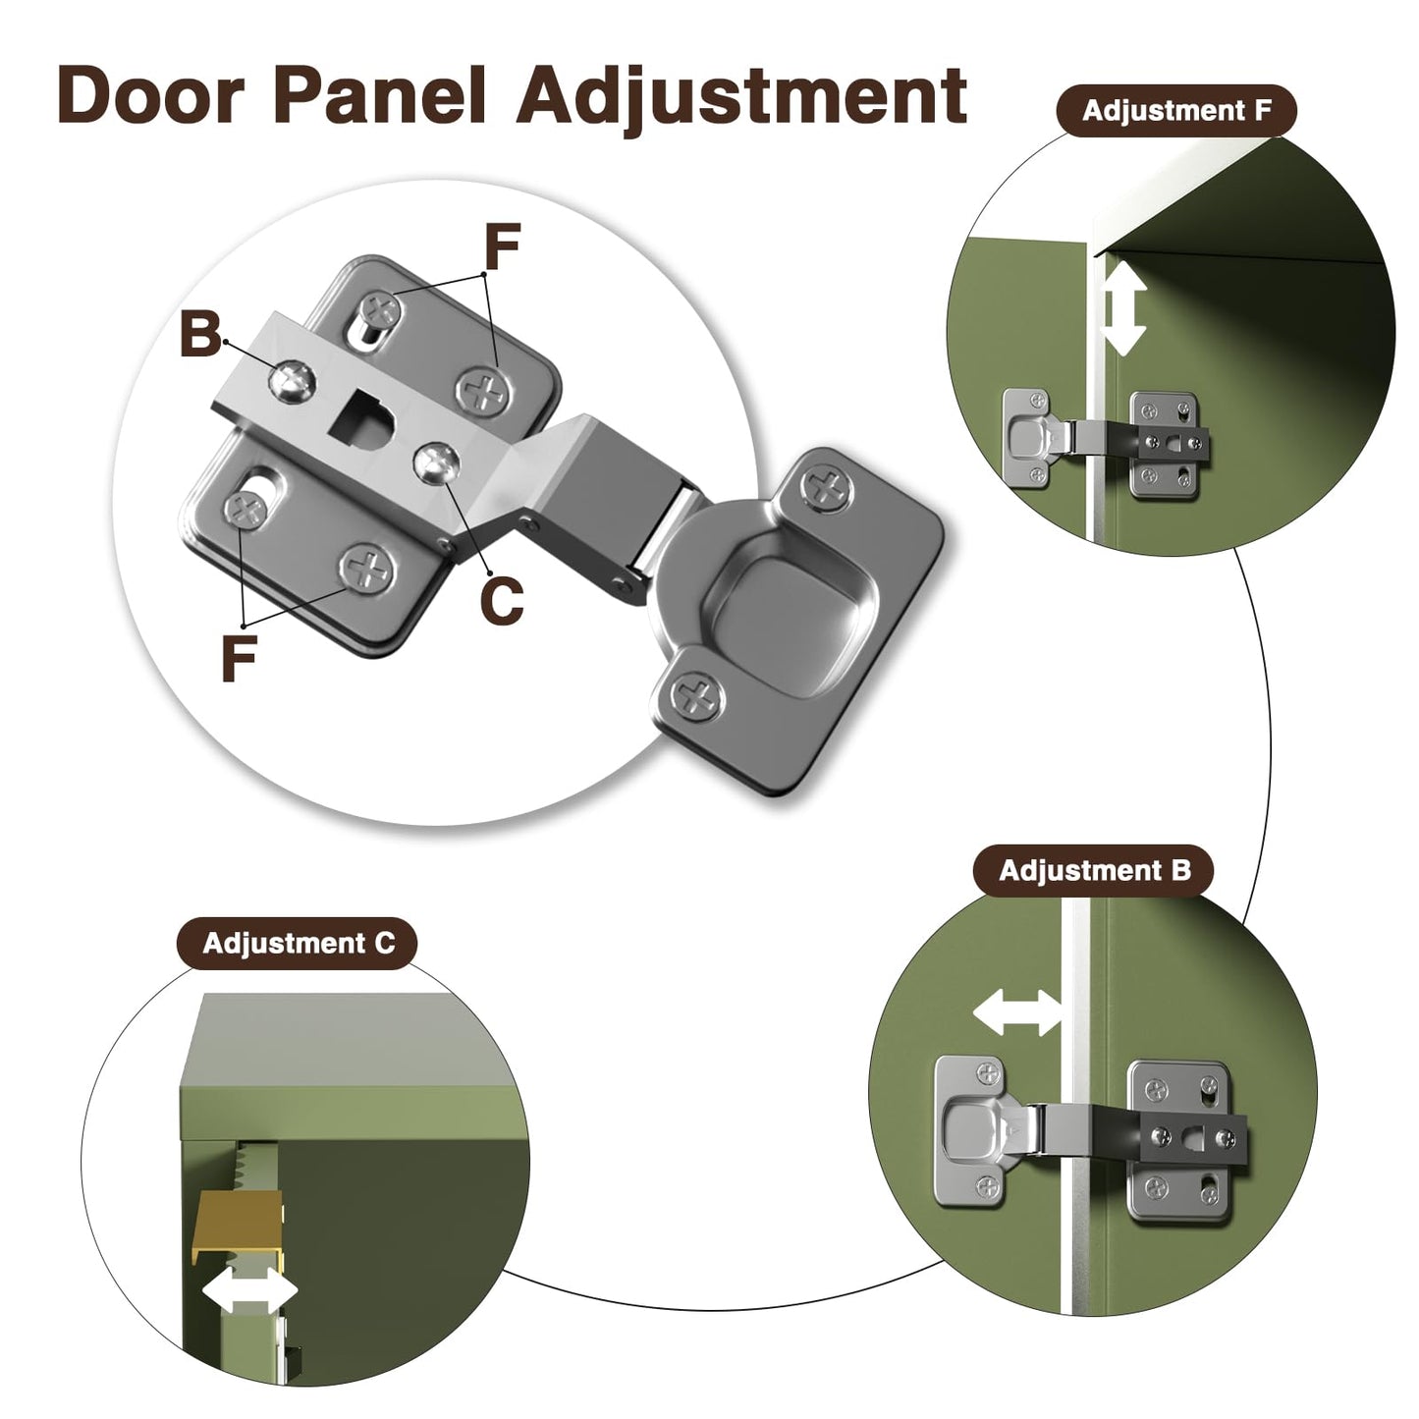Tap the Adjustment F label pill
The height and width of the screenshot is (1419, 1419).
(x=1176, y=110)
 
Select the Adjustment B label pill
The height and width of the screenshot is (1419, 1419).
(x=1094, y=871)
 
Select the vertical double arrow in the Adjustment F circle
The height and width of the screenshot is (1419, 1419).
(x=1123, y=309)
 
